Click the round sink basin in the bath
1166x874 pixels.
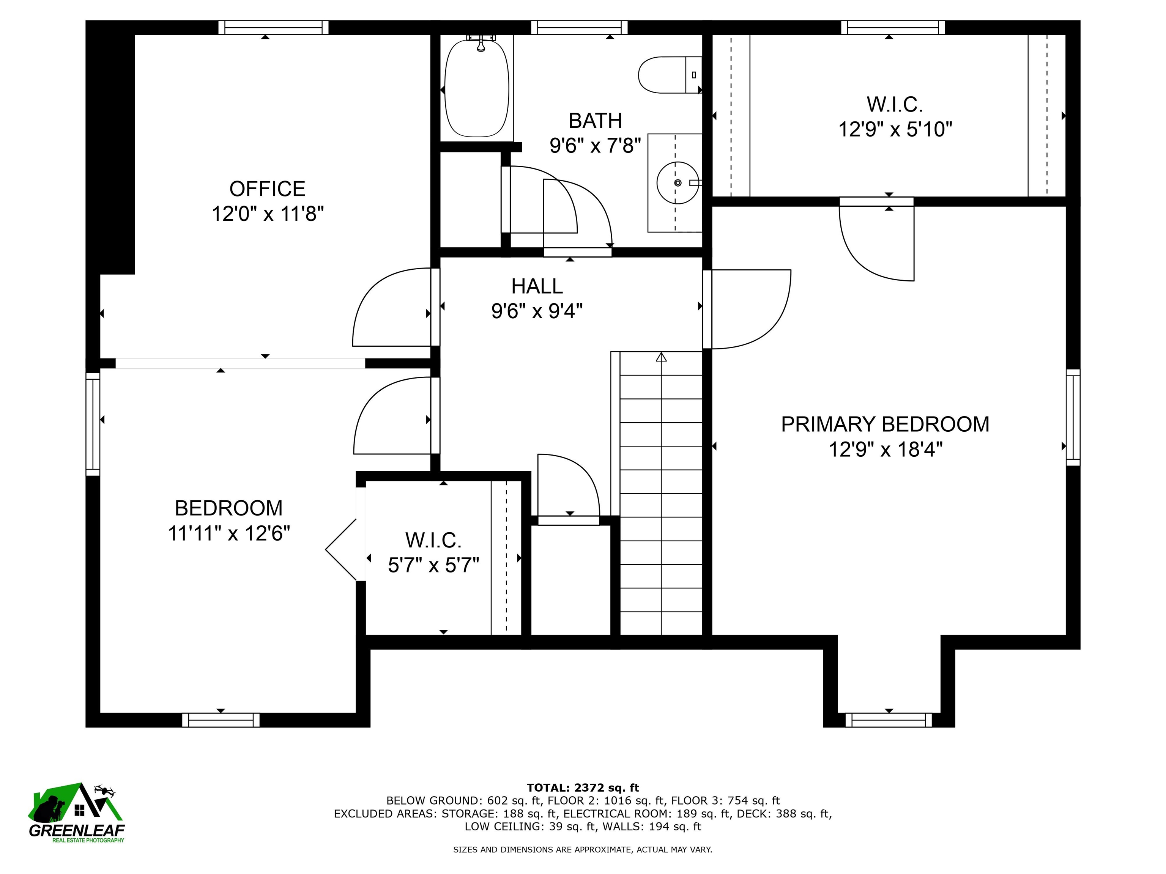point(678,183)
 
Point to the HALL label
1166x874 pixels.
point(537,286)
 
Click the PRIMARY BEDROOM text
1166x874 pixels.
point(885,424)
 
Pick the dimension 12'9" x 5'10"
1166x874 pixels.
point(895,129)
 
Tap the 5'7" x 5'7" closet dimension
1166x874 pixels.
point(433,565)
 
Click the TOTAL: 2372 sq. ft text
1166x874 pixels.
point(583,788)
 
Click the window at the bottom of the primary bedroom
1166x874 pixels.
point(889,720)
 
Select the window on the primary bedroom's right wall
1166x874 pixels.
point(1073,417)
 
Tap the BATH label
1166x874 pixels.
point(595,121)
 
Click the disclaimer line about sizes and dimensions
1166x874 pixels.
point(583,849)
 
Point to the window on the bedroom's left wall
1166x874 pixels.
point(93,424)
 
